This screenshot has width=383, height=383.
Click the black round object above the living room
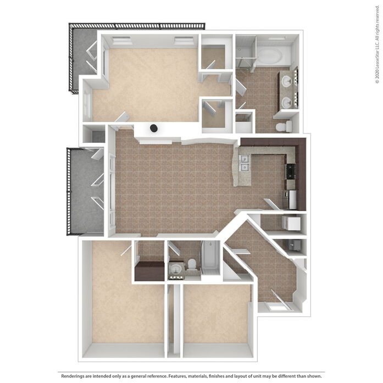pos(153,127)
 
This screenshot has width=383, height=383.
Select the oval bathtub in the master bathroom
pos(270,56)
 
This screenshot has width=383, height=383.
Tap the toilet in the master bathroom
pos(284,126)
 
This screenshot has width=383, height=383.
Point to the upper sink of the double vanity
pos(286,81)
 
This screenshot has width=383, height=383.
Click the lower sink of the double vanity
pos(286,103)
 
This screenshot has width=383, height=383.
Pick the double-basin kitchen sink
pos(245,163)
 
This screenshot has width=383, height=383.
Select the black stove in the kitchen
pos(291,171)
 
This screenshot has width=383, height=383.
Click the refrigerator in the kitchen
pos(292,199)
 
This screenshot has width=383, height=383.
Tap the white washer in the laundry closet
pos(291,223)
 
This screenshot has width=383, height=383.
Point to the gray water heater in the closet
pos(293,245)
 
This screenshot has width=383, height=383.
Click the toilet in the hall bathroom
pos(192,264)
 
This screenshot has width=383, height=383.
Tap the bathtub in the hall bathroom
pos(210,258)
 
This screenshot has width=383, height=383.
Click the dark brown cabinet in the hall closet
pos(149,271)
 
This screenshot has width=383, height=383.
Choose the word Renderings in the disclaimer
pos(73,376)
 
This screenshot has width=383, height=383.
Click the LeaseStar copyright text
pos(378,45)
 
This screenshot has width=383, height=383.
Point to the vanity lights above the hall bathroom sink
pos(176,277)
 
